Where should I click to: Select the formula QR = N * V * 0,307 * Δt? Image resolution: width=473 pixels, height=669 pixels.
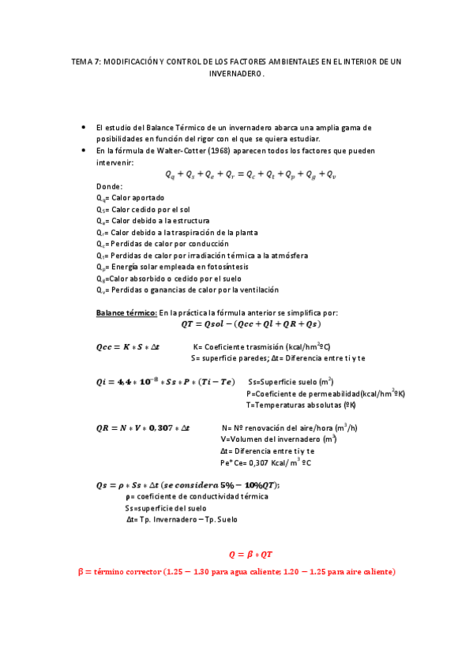(x=142, y=428)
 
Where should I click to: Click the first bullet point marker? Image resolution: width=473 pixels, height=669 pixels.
(x=84, y=127)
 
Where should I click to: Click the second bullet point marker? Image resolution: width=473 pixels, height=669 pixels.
(x=84, y=150)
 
